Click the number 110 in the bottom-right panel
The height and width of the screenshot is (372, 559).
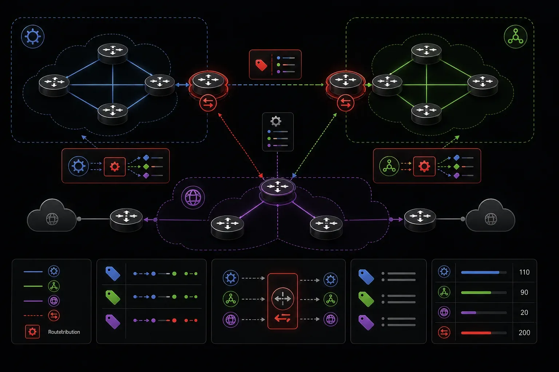pyautogui.click(x=524, y=272)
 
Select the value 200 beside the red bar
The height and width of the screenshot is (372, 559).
pyautogui.click(x=524, y=333)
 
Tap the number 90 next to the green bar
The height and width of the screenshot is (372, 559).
pyautogui.click(x=524, y=292)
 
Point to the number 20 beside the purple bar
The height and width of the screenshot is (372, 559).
pyautogui.click(x=524, y=312)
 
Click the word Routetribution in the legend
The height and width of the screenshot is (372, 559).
pyautogui.click(x=64, y=332)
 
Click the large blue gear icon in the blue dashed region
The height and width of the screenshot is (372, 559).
pyautogui.click(x=33, y=37)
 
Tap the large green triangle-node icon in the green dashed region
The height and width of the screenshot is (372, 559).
pyautogui.click(x=516, y=37)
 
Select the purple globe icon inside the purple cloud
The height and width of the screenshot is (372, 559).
pyautogui.click(x=193, y=198)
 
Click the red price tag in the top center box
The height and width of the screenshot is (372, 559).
pyautogui.click(x=261, y=65)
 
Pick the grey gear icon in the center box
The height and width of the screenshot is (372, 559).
pyautogui.click(x=276, y=121)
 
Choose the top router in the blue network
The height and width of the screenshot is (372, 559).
pyautogui.click(x=113, y=53)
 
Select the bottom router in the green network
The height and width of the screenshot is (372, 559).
pyautogui.click(x=426, y=114)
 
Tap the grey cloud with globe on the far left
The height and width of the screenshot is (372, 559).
pyautogui.click(x=52, y=216)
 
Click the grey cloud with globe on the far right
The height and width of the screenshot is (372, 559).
pyautogui.click(x=490, y=216)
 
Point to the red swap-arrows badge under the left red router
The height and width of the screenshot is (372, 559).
pyautogui.click(x=208, y=103)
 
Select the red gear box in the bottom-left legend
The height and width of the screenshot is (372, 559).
pyautogui.click(x=32, y=332)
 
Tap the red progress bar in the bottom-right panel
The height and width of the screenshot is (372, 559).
pyautogui.click(x=476, y=333)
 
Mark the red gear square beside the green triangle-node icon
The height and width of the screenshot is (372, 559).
pyautogui.click(x=424, y=166)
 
